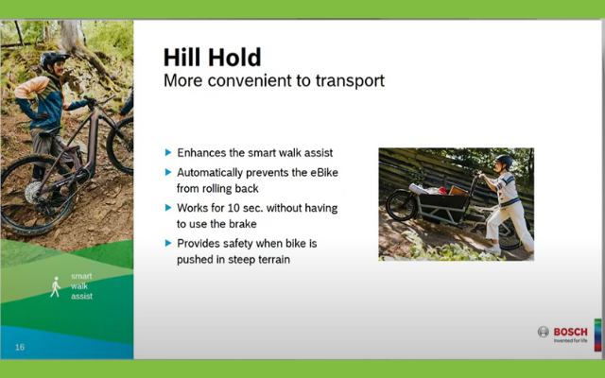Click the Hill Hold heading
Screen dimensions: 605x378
pyautogui.click(x=212, y=58)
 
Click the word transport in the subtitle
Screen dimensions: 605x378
pyautogui.click(x=350, y=81)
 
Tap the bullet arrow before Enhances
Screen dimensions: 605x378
pyautogui.click(x=168, y=152)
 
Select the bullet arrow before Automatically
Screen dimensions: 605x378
pyautogui.click(x=168, y=172)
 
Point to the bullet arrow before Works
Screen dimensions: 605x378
pyautogui.click(x=168, y=208)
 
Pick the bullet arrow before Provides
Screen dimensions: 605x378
pyautogui.click(x=168, y=243)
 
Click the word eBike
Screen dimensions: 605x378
pyautogui.click(x=324, y=172)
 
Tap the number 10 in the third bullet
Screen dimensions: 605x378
pyautogui.click(x=233, y=208)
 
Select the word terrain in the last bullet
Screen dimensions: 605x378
pyautogui.click(x=274, y=259)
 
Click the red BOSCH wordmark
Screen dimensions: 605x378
pyautogui.click(x=570, y=332)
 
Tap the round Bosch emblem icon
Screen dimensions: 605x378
pyautogui.click(x=544, y=332)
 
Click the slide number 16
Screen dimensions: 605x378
pyautogui.click(x=20, y=347)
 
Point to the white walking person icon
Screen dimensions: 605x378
pyautogui.click(x=56, y=286)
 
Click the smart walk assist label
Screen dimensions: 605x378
pyautogui.click(x=81, y=286)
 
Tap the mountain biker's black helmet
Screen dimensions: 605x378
pyautogui.click(x=54, y=59)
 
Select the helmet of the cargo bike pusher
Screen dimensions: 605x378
pyautogui.click(x=504, y=161)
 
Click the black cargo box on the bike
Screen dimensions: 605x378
pyautogui.click(x=443, y=206)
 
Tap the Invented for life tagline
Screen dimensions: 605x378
pyautogui.click(x=570, y=340)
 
